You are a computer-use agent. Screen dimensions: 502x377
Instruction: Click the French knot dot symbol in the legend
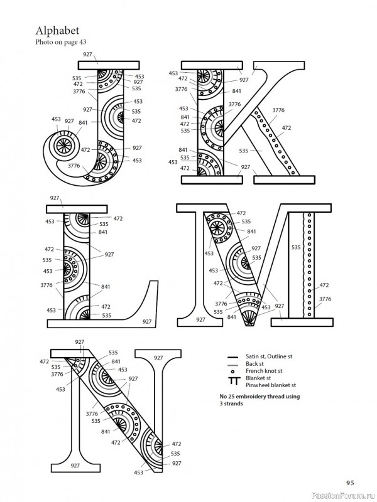point(233,371)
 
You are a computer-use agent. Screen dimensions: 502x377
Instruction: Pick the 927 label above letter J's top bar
point(87,55)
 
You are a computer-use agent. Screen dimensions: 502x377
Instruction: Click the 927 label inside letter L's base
point(146,321)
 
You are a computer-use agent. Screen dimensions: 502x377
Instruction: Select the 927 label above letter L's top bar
point(55,198)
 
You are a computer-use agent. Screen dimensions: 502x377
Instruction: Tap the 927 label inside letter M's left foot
point(200,320)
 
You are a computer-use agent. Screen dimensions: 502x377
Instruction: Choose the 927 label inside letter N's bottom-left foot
point(75,465)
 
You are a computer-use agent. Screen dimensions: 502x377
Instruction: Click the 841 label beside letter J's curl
point(83,123)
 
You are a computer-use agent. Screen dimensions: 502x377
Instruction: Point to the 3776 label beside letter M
point(324,299)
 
